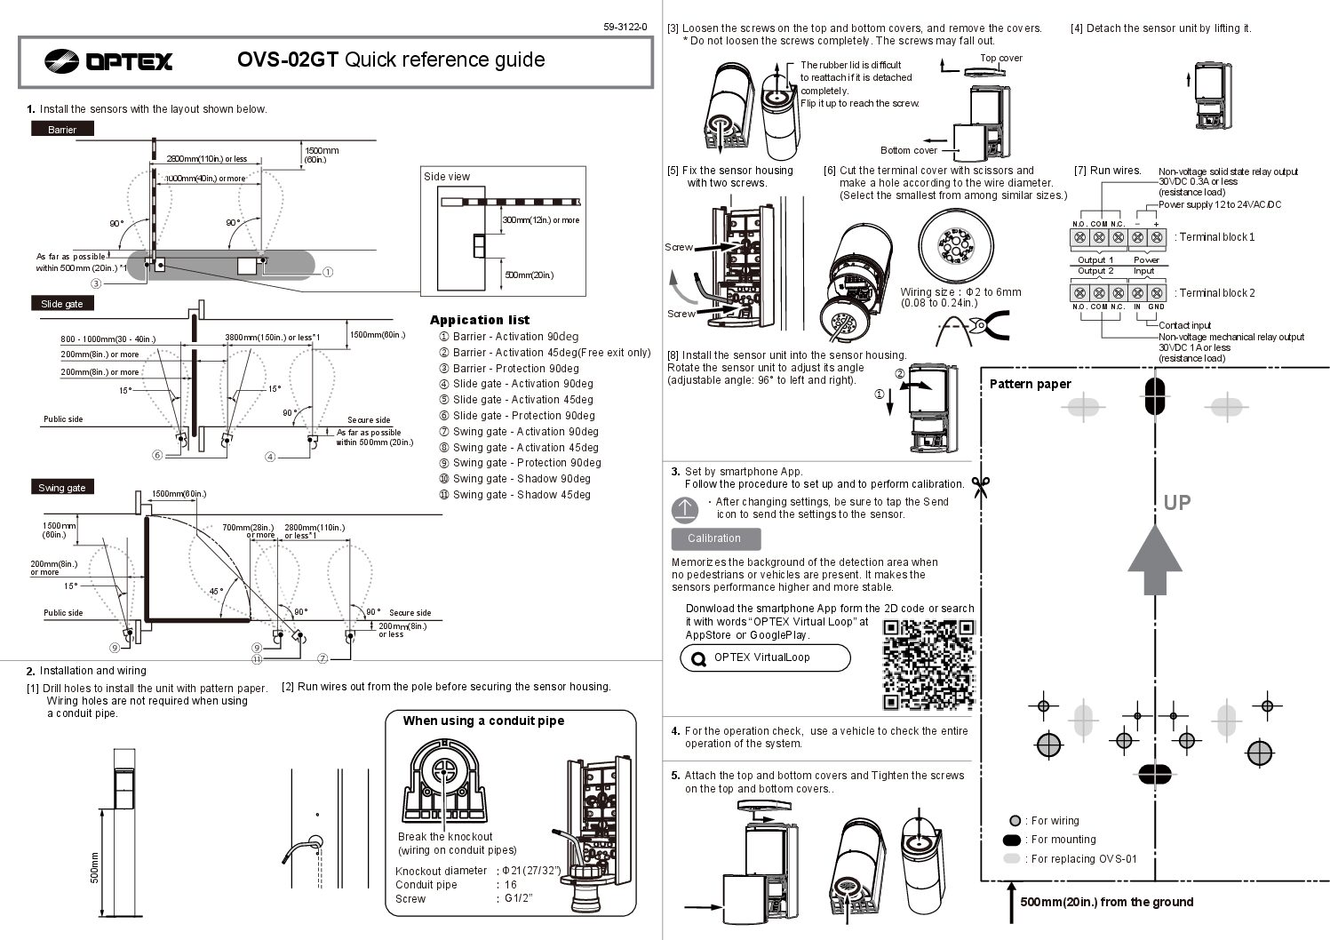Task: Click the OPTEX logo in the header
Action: point(108,60)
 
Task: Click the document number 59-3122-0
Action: point(625,27)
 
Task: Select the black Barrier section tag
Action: point(62,129)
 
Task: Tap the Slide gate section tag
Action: point(62,304)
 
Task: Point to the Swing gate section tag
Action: point(62,488)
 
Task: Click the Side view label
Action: point(447,177)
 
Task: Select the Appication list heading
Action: point(479,320)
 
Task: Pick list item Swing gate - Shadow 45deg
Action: point(521,495)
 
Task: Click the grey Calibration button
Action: point(715,538)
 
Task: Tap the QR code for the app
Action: point(928,664)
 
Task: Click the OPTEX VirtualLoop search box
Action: point(764,658)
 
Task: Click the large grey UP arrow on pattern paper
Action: point(1154,560)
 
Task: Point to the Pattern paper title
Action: point(1030,384)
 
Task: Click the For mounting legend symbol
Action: point(1013,840)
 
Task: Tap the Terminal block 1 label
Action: point(1215,237)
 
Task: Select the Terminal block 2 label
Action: point(1215,293)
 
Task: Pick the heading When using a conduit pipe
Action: point(483,721)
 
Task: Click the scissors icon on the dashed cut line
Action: point(981,487)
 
